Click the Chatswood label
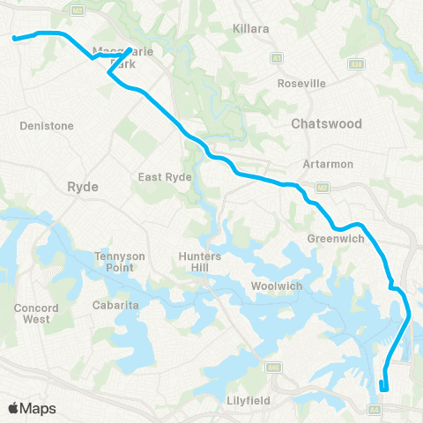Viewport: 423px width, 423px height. [326, 124]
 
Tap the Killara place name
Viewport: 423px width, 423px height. [251, 29]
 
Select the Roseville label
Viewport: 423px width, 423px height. [301, 83]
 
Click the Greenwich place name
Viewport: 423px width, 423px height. [330, 238]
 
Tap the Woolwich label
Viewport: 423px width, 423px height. [277, 286]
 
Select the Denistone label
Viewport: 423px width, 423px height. [47, 126]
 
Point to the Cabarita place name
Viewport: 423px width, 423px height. [112, 305]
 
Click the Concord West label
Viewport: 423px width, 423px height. [36, 313]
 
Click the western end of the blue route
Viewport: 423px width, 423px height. [14, 38]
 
